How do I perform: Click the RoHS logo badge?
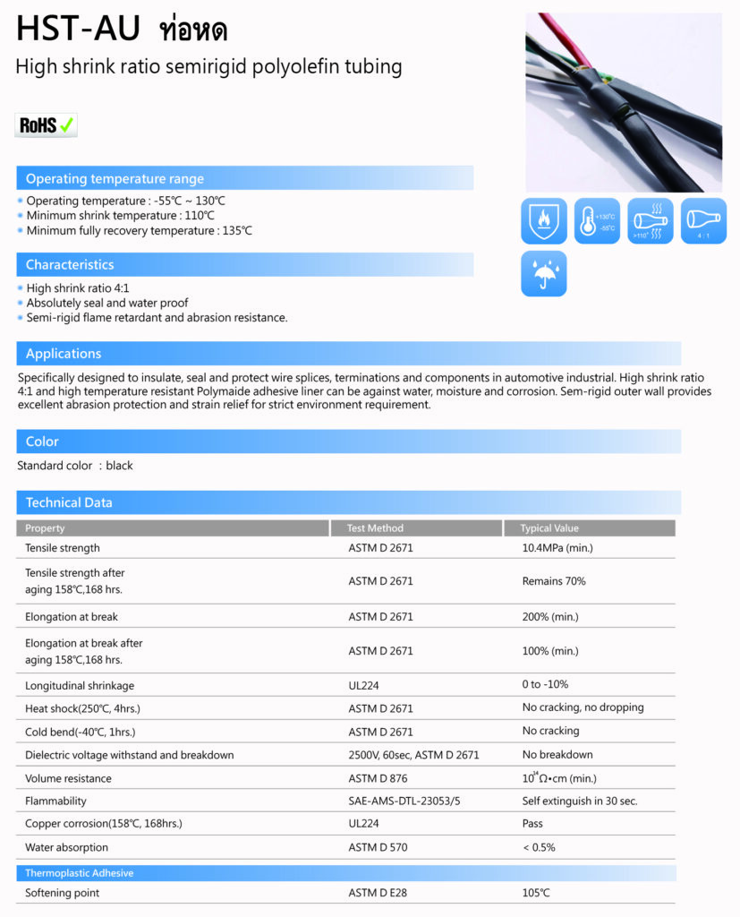tap(47, 124)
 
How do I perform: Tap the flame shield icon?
tap(544, 221)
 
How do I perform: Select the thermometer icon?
tap(597, 221)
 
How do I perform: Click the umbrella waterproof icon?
tap(544, 274)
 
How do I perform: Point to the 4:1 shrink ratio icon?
tap(703, 221)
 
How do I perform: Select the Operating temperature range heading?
tap(115, 178)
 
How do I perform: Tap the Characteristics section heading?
tap(70, 264)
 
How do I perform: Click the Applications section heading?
tap(64, 353)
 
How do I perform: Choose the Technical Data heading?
tap(69, 502)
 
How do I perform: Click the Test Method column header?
tap(375, 528)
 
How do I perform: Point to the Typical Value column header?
tap(549, 528)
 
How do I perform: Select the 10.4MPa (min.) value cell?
tap(557, 548)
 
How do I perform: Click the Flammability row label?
tap(55, 801)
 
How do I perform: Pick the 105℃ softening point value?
tap(536, 893)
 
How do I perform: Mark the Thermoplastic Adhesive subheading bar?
tap(79, 872)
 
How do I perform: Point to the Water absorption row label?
tap(66, 847)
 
